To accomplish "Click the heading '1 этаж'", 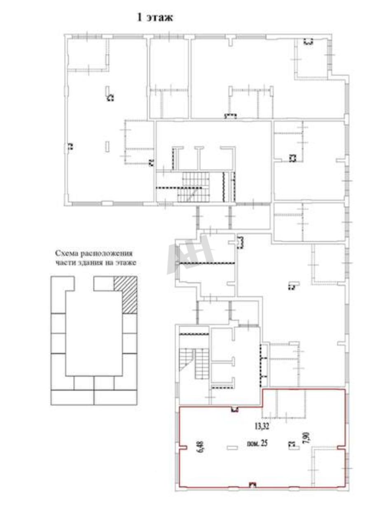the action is [x=155, y=18].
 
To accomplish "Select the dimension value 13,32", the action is [x=261, y=427].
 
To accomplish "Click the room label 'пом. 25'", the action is [x=257, y=443].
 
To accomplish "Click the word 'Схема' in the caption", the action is [x=66, y=253].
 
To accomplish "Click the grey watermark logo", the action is [x=190, y=255].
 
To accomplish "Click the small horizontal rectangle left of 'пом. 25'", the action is [x=232, y=447].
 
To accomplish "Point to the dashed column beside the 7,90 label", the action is [x=291, y=444].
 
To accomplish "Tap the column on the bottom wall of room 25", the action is [x=252, y=484].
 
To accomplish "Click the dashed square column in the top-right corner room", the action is [x=308, y=42].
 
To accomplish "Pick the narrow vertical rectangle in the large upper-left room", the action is [x=107, y=146].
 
